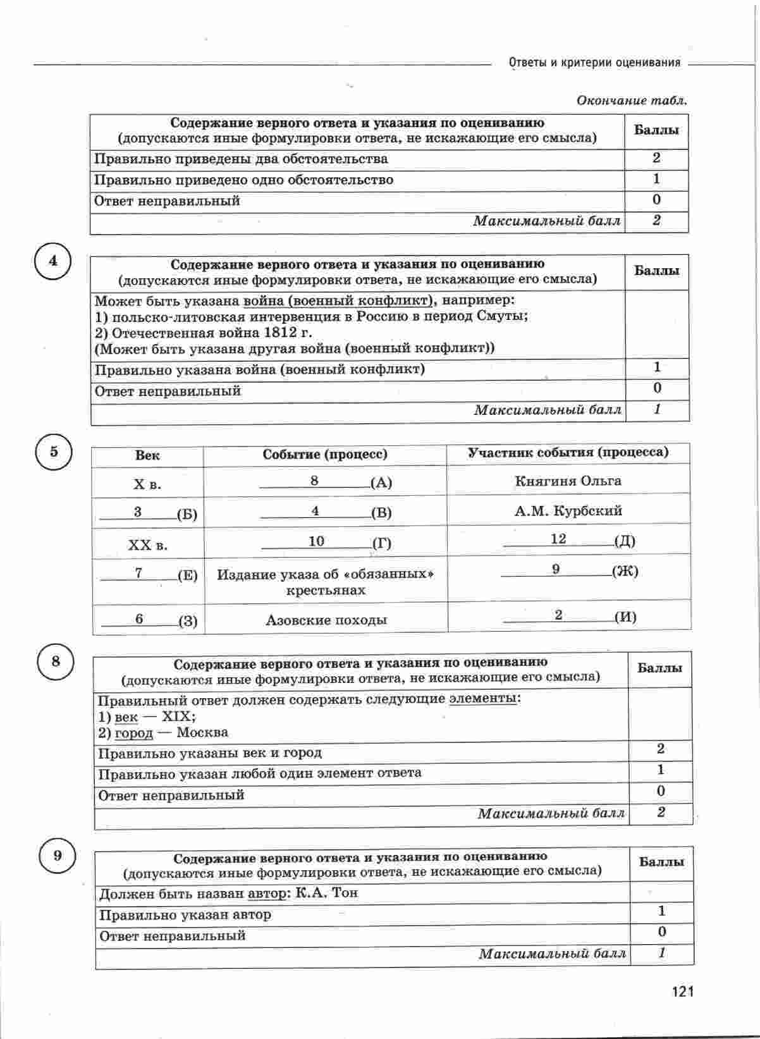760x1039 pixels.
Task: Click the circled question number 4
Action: point(53,261)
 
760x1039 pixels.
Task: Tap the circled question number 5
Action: point(54,452)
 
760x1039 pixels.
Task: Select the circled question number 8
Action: point(56,661)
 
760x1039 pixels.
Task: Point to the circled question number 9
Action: point(58,856)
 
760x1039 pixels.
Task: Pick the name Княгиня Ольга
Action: point(568,481)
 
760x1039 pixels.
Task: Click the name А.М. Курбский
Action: point(568,511)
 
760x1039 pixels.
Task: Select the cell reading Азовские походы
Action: point(326,620)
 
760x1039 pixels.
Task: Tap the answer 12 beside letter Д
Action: point(558,539)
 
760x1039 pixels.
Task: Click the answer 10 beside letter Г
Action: point(316,541)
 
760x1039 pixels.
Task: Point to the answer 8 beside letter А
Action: point(314,481)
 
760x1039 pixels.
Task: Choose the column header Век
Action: point(147,455)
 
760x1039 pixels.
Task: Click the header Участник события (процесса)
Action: point(568,453)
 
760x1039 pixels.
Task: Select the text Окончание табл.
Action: point(632,101)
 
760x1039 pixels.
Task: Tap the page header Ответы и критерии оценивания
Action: point(594,63)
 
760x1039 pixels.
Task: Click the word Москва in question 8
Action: point(202,733)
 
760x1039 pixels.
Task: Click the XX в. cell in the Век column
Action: point(147,545)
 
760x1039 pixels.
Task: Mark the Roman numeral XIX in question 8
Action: point(179,717)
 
